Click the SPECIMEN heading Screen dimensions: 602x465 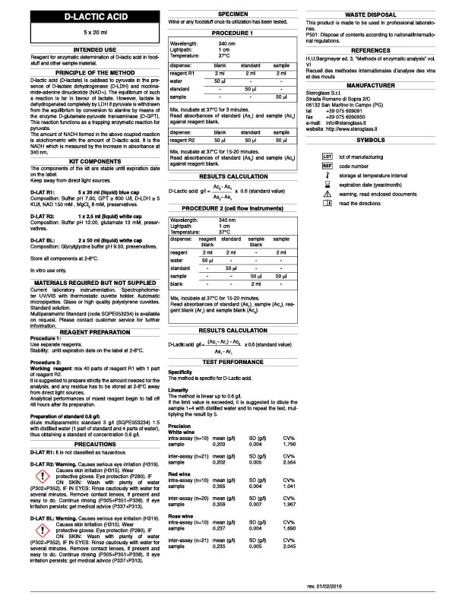232,14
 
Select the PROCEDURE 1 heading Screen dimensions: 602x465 232,34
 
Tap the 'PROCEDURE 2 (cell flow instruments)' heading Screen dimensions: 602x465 232,207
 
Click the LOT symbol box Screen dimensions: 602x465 327,156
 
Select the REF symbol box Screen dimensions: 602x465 327,165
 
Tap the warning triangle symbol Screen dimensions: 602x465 327,194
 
